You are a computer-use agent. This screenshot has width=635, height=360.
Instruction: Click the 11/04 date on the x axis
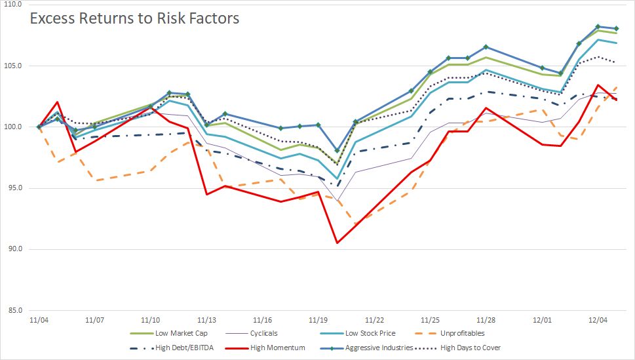(39, 321)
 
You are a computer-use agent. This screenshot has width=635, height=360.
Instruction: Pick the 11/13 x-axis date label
(206, 321)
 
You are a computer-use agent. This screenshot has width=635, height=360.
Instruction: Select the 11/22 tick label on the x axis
(375, 321)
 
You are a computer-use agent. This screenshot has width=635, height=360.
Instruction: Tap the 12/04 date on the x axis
(598, 321)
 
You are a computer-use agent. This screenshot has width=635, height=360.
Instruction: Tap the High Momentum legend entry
(278, 348)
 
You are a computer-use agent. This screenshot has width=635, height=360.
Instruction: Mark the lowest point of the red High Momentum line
(337, 243)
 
